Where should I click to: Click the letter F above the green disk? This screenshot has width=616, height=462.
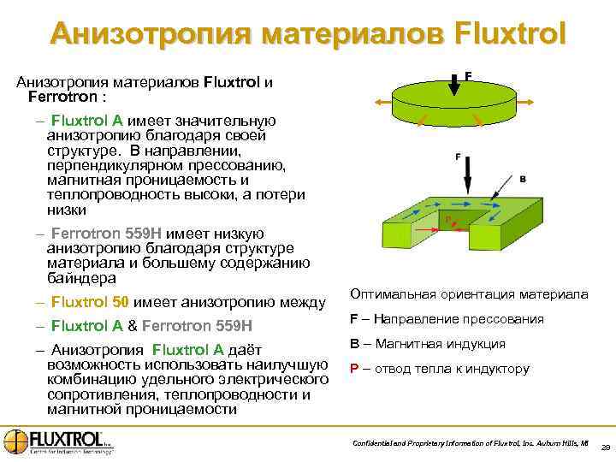(468, 76)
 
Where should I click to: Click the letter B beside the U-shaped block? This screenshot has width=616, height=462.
(522, 179)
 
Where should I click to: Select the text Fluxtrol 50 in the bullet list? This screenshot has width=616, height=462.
(90, 302)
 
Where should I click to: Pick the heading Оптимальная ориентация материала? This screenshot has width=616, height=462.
(469, 294)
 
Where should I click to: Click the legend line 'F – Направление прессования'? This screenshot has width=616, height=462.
(446, 319)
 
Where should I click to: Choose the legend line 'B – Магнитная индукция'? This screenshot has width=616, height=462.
(427, 344)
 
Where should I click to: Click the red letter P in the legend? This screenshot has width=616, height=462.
(353, 370)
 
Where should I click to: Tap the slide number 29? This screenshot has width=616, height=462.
(605, 447)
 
